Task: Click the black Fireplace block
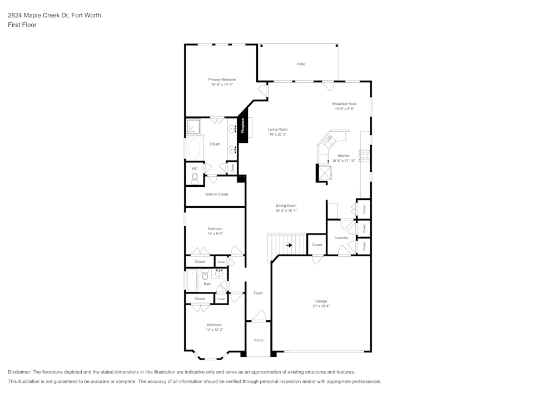242,127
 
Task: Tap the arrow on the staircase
289,245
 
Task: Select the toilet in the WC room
195,178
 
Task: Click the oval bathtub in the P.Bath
195,148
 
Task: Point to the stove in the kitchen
365,156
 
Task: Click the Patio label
301,64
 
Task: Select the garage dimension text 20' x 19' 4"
321,306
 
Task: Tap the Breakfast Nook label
344,104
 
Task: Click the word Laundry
341,238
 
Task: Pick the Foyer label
258,293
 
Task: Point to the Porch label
259,340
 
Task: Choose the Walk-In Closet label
216,194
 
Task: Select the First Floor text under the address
22,25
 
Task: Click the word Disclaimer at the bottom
20,372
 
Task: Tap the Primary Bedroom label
222,79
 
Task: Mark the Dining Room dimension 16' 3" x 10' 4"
286,211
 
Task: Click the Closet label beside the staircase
316,245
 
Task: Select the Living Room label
278,130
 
